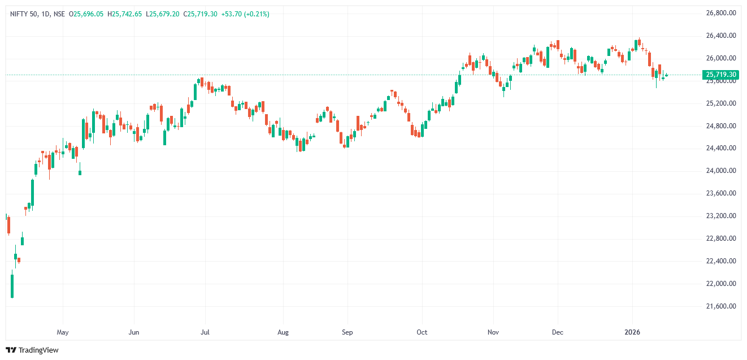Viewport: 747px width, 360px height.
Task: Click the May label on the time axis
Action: [x=63, y=332]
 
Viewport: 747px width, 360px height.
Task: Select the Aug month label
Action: [x=283, y=332]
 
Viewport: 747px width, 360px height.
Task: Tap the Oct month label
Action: [x=422, y=332]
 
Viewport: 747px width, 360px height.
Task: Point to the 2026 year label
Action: [x=632, y=332]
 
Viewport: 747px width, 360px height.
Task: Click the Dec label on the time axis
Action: [x=558, y=332]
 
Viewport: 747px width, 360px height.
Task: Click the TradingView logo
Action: [x=32, y=350]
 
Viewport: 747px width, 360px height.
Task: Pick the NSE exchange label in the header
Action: [x=59, y=14]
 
